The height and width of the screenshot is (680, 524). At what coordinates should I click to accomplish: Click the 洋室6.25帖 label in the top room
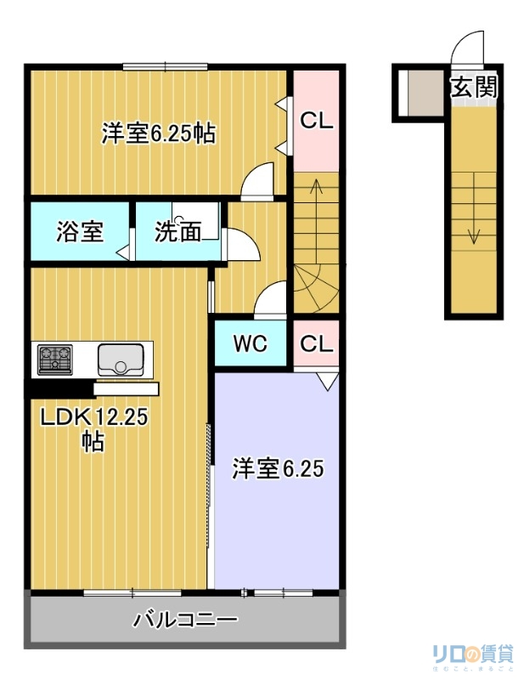click(x=158, y=133)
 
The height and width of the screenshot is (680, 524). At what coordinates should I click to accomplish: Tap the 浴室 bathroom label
click(x=81, y=231)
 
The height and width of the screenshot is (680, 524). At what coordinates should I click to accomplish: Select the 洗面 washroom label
click(x=177, y=231)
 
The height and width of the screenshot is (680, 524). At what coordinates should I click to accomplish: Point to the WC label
click(x=251, y=344)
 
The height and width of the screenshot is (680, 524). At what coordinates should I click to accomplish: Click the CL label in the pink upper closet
click(x=316, y=121)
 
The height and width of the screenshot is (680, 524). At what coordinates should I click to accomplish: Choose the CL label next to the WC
click(x=316, y=344)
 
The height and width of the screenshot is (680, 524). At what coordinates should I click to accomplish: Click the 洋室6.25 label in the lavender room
click(x=278, y=468)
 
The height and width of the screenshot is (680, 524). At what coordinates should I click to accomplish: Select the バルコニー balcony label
click(x=185, y=619)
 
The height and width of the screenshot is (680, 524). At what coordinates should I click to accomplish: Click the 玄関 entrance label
click(x=472, y=87)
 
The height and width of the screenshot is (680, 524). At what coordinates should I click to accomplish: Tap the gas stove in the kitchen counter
click(x=54, y=359)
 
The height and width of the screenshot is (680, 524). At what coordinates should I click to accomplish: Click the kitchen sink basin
click(x=123, y=360)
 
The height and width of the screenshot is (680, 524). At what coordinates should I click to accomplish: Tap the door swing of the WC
click(x=272, y=299)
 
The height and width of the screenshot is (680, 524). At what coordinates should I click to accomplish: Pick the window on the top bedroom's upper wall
click(x=165, y=66)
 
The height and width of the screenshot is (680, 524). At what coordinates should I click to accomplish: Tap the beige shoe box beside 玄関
click(x=420, y=91)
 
